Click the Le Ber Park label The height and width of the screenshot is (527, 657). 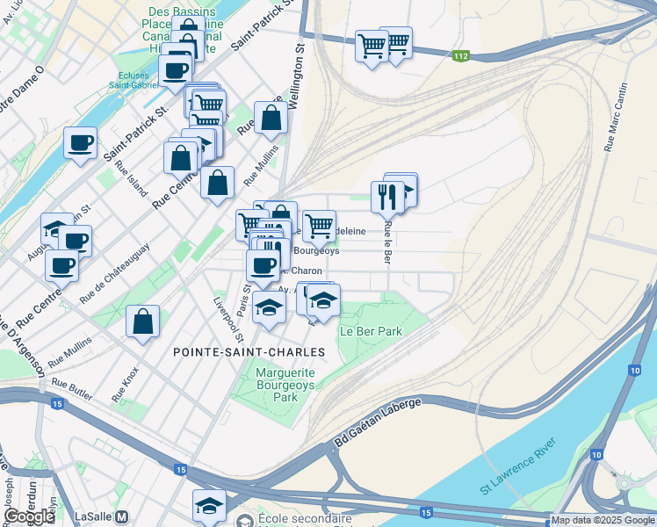[371, 332]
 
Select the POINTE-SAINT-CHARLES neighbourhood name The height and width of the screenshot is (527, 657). [249, 351]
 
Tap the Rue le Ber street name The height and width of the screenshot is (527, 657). [386, 242]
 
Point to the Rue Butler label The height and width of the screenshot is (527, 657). [72, 384]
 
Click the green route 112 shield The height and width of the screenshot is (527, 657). [461, 56]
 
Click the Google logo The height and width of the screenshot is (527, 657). [29, 516]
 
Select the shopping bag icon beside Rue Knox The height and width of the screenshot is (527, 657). [142, 321]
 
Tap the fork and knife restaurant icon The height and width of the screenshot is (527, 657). [387, 197]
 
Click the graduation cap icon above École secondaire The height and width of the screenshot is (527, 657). [209, 505]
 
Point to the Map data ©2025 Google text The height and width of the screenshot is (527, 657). [603, 520]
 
